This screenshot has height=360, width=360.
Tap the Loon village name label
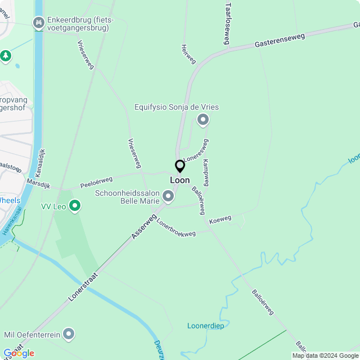(180, 181)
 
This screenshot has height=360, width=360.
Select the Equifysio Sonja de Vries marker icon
(203, 119)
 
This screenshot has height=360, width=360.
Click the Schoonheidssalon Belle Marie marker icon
(168, 196)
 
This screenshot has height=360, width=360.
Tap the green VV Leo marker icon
(74, 206)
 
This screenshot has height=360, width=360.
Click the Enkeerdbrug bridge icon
(39, 22)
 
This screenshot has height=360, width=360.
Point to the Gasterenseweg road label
(279, 40)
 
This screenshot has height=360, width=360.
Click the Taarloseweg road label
(228, 23)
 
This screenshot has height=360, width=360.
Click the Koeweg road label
(220, 219)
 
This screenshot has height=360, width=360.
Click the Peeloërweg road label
(96, 182)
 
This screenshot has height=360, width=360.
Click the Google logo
(19, 353)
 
